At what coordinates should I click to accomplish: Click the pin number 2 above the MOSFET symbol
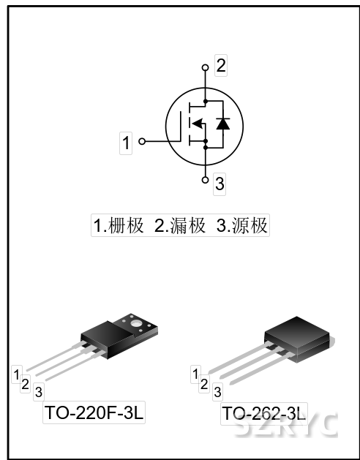point(221,65)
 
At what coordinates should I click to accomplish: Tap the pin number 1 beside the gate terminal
point(126,143)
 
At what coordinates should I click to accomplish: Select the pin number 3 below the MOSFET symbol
point(220,184)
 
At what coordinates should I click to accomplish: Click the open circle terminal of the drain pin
point(206,68)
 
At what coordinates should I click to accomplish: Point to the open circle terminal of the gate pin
point(142,141)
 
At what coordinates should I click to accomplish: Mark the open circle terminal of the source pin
point(206,180)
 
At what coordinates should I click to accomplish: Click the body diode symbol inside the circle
point(223,124)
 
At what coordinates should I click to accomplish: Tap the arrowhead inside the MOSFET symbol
point(197,124)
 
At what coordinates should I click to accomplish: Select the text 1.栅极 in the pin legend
point(119,225)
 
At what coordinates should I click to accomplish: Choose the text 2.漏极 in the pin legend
point(180,225)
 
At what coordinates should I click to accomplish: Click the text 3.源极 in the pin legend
point(241,225)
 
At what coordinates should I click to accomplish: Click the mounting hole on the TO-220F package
point(136,323)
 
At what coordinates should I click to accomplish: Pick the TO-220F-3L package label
point(94,412)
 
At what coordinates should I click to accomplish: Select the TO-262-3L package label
point(264,414)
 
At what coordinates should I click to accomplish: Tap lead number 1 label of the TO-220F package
point(16,374)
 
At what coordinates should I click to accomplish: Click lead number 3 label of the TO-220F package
point(39,392)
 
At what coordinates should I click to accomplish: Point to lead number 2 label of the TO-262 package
point(204,384)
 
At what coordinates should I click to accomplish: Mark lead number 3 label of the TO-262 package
point(217,392)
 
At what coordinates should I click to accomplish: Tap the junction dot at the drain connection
point(206,101)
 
